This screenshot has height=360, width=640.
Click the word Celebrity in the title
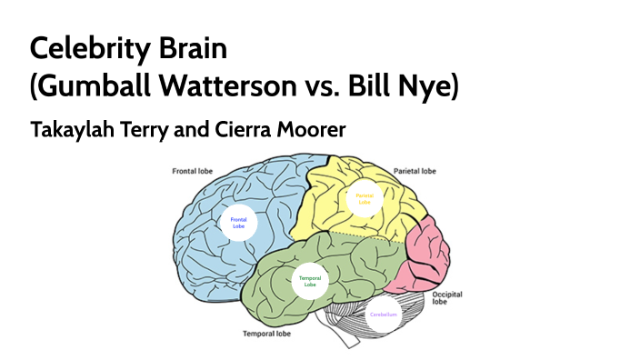pyautogui.click(x=87, y=46)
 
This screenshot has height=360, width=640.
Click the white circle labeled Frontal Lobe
pyautogui.click(x=239, y=223)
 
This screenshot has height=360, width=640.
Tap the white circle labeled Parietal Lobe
pyautogui.click(x=364, y=197)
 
